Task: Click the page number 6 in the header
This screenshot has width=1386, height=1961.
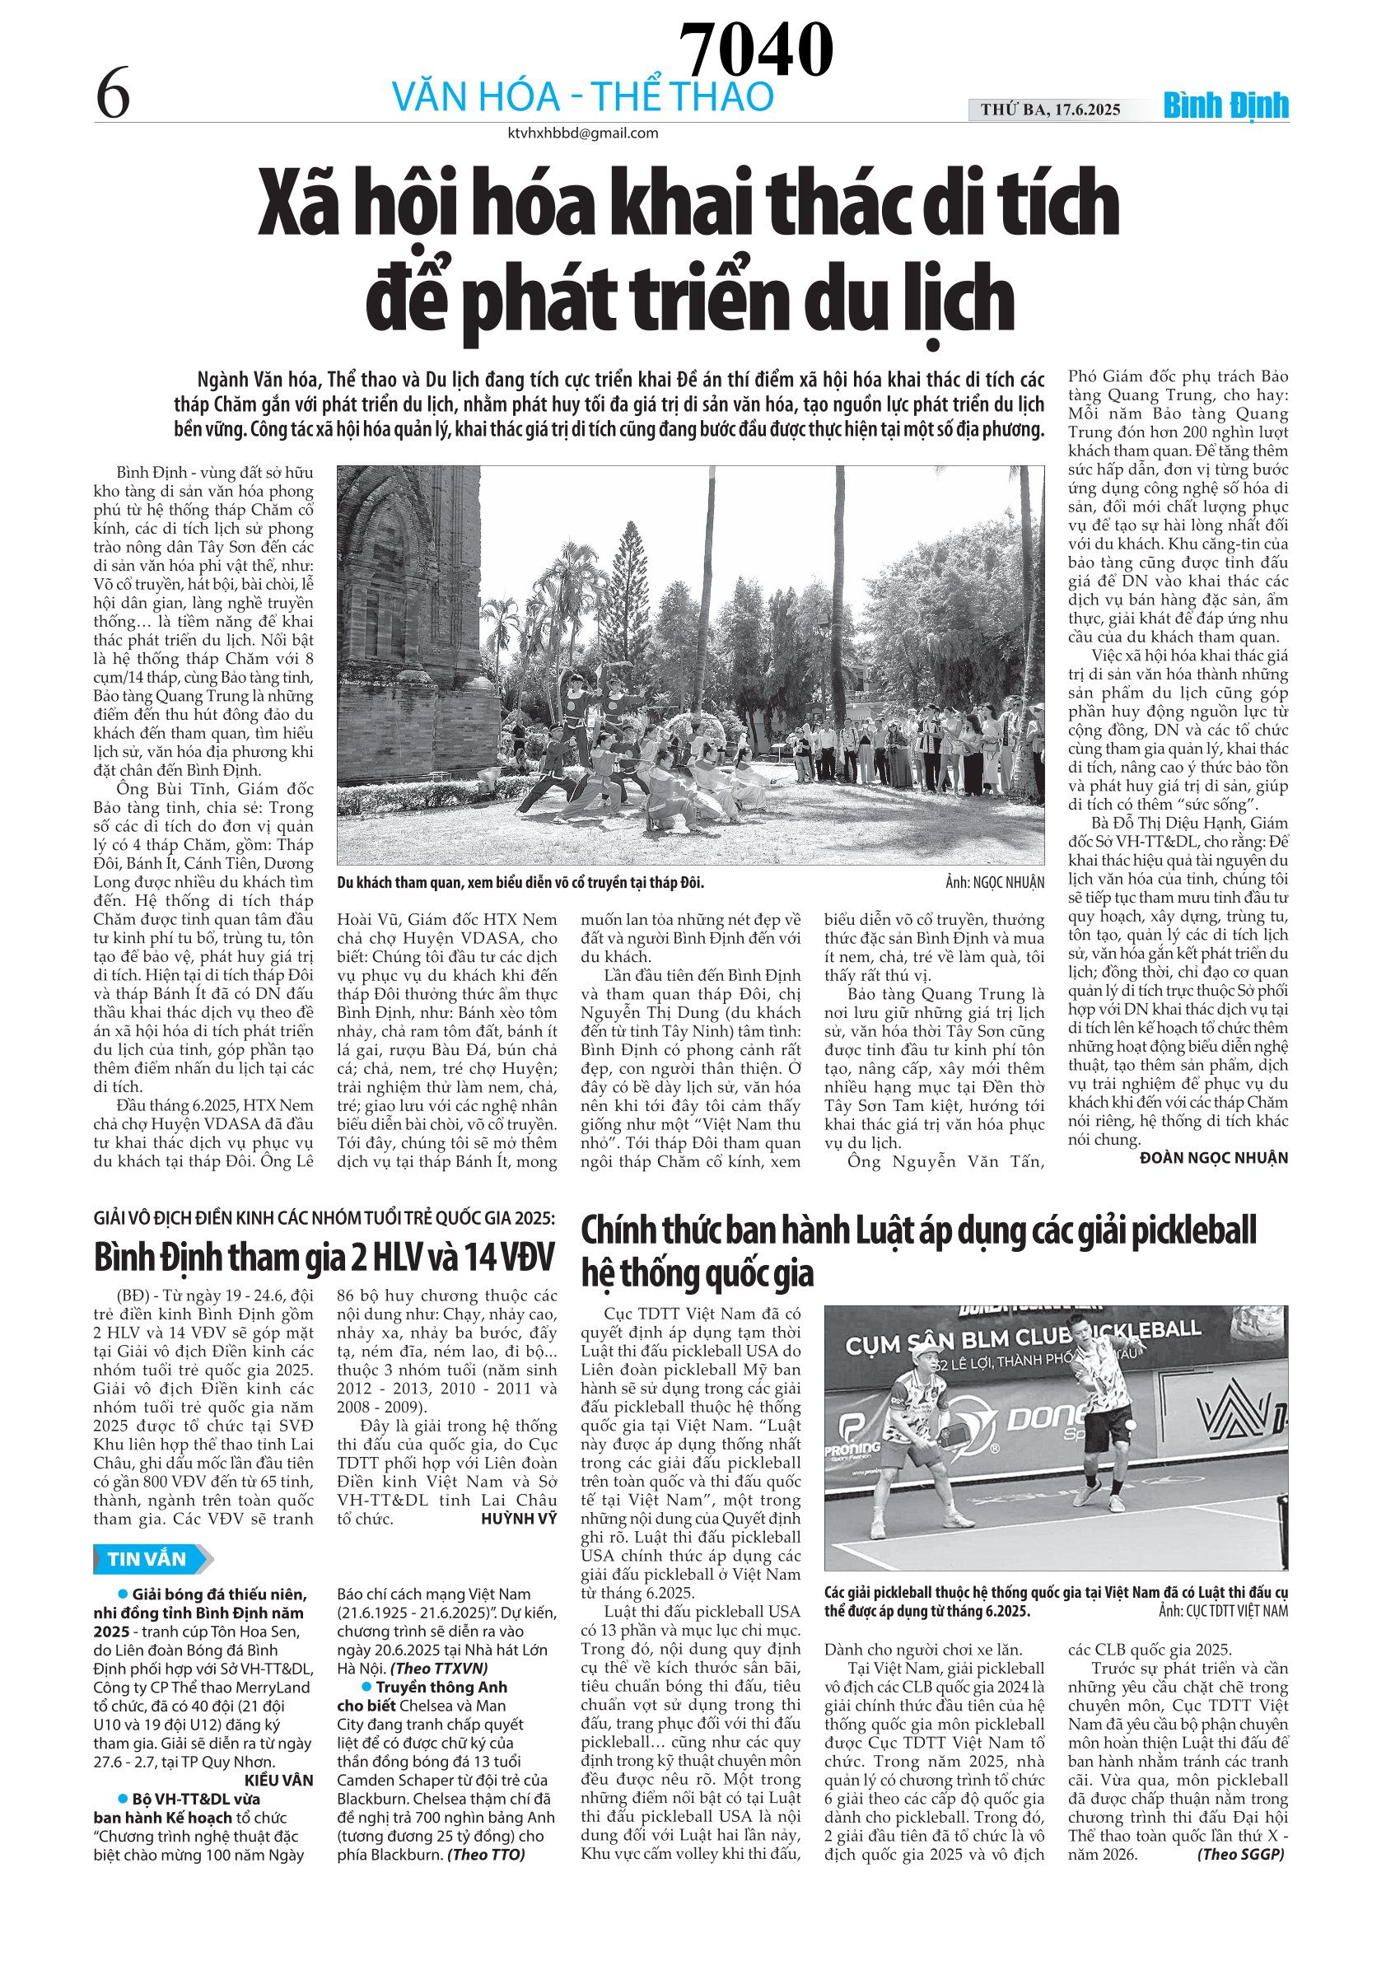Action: pos(113,94)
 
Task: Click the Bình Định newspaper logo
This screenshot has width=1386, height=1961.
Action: pos(1225,106)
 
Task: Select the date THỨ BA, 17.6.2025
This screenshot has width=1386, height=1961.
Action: pos(1049,110)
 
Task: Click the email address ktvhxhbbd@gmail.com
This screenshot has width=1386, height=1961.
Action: pos(582,133)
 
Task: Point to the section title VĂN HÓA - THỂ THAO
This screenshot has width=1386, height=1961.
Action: pos(582,96)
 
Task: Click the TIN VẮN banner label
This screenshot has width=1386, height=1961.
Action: pos(147,1560)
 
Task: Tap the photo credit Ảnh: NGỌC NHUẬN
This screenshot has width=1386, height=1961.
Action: pos(994,883)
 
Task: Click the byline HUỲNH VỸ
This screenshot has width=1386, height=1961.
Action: pos(518,1519)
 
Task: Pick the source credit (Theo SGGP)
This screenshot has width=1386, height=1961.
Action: pos(1240,1854)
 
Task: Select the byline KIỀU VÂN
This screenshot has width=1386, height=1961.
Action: pos(278,1781)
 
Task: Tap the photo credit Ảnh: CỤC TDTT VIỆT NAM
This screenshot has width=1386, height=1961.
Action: pos(1223,1612)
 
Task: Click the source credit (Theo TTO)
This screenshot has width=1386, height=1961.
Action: pos(486,1854)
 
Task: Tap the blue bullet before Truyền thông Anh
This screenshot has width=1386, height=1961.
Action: pos(367,1687)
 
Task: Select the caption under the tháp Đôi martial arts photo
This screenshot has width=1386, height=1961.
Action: pos(520,883)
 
